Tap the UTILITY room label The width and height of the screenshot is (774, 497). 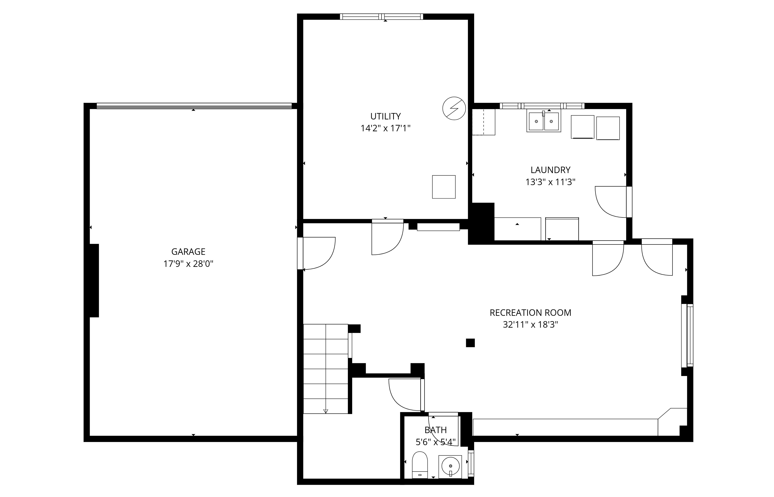click(x=385, y=116)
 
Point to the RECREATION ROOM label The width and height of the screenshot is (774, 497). click(x=530, y=312)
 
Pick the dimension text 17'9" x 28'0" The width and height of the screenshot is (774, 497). click(x=188, y=264)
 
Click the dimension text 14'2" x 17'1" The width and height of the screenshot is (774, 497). click(x=385, y=128)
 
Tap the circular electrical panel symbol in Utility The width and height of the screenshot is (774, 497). click(x=454, y=108)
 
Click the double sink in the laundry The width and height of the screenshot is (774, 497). click(x=543, y=121)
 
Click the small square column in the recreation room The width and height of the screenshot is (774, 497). click(x=470, y=343)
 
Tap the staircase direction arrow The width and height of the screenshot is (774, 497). click(x=326, y=411)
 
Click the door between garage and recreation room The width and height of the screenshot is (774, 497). click(x=316, y=253)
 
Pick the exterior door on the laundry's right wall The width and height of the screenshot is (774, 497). click(x=613, y=202)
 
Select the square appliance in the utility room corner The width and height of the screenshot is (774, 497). click(x=444, y=187)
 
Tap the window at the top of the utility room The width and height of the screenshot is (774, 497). click(x=381, y=17)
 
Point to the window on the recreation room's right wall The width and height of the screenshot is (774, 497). click(x=687, y=336)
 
